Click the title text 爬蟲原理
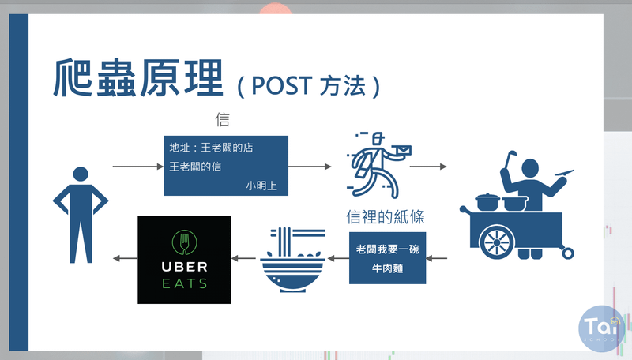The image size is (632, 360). coord(138,79)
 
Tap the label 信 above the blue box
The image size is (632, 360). coord(223,120)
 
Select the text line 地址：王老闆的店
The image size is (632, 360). coord(212,148)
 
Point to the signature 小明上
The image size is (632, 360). coord(261,186)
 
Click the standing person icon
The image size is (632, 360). coord(79,213)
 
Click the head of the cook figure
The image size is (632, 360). coord(530,167)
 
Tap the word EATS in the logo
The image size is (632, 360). coord(183,283)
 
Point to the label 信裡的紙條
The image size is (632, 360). coord(390,216)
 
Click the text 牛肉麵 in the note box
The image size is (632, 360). coord(387,268)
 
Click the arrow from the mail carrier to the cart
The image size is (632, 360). coord(427,167)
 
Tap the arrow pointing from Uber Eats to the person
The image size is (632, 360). coord(123,258)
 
